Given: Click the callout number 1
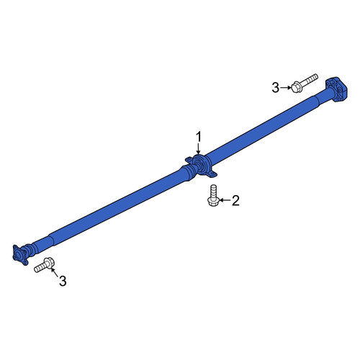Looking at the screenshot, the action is [198, 138].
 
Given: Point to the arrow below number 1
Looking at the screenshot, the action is [198, 149].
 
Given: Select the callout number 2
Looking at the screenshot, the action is [235, 200].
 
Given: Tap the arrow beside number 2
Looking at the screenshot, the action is [225, 200].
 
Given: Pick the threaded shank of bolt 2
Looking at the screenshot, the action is [213, 190].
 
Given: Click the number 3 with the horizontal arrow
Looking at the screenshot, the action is [276, 88].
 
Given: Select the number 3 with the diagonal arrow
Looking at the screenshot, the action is [63, 281].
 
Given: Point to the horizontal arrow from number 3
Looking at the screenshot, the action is [286, 88].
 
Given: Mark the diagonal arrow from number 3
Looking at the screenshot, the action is [55, 271].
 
